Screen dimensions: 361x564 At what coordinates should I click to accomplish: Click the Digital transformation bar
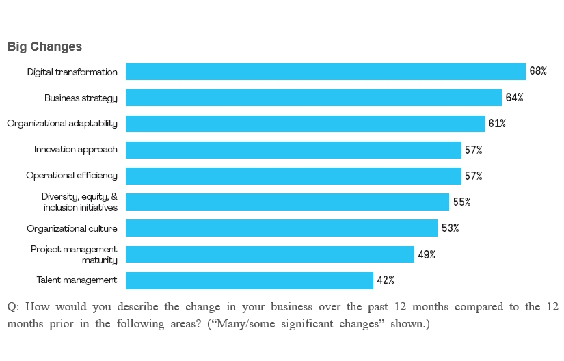coord(325,71)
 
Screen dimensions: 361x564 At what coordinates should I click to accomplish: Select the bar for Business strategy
coord(314,97)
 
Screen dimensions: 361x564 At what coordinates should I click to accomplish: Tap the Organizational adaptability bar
coord(305,124)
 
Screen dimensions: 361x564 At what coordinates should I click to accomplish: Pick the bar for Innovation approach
coord(293,150)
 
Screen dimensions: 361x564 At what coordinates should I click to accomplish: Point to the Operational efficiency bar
coord(293,176)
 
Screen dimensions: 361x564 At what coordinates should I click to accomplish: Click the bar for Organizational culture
coord(282,228)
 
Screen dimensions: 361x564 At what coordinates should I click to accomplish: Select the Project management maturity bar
coord(270,254)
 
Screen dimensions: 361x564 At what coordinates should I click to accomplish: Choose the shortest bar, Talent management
coord(250,280)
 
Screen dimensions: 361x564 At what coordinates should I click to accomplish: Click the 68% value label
coord(538,71)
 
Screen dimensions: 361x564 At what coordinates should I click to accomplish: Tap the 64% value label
coord(515,97)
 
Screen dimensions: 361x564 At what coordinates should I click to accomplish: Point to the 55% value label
coord(462,202)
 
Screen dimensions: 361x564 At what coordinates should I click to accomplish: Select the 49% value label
coord(427,254)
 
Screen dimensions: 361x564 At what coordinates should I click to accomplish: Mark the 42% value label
coord(386,280)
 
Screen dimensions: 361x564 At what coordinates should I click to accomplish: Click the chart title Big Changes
coord(44,46)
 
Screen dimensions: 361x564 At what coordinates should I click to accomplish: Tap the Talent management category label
coord(77,280)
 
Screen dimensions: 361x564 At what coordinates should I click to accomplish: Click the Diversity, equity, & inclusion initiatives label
coord(80,202)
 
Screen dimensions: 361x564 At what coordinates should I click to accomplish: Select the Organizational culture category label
coord(72,228)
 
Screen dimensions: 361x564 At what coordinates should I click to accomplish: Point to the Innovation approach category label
coord(76,150)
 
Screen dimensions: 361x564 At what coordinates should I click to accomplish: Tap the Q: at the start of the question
coord(12,306)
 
